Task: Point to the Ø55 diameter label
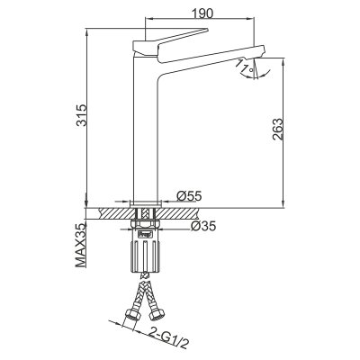click(x=188, y=195)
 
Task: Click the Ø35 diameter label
click(x=202, y=228)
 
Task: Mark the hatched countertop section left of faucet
click(x=112, y=214)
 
